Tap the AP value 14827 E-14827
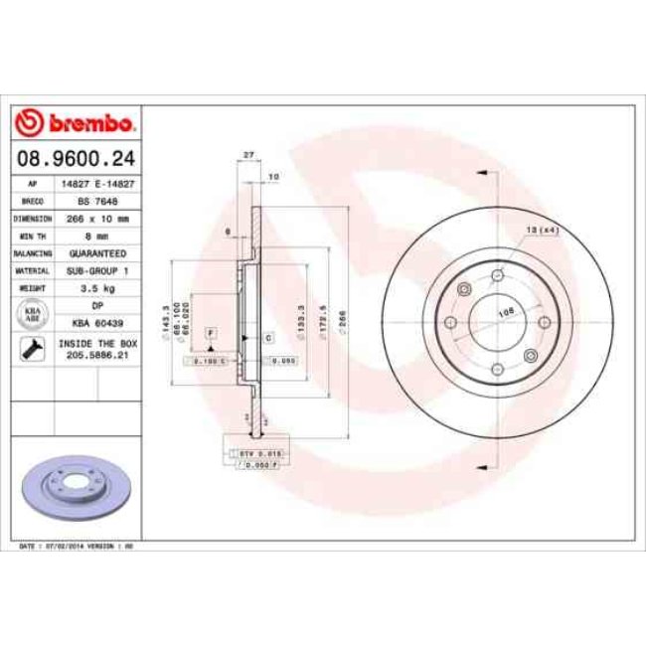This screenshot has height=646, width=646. tap(97, 185)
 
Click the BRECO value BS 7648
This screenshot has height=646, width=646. tap(97, 201)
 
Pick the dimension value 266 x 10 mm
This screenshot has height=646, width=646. tap(97, 218)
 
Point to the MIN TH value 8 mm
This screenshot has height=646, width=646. tap(97, 236)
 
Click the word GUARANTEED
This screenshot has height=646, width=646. tap(97, 252)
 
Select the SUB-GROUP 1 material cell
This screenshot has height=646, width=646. tap(97, 269)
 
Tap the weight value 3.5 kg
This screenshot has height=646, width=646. tap(97, 287)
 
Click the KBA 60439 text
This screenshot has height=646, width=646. tap(97, 322)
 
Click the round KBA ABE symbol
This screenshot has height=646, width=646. tap(32, 313)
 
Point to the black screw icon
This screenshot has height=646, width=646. tap(32, 349)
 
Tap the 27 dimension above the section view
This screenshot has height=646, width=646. tap(248, 154)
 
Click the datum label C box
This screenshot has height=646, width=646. tap(268, 339)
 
